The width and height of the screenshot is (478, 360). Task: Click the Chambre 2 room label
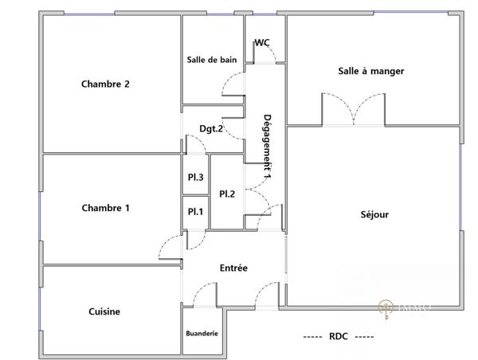tap(105, 84)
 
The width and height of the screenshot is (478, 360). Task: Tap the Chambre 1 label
tap(105, 209)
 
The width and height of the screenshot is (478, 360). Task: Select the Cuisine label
tap(104, 312)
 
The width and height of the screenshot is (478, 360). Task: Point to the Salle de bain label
tap(212, 60)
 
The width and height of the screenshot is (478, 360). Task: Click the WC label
tap(261, 43)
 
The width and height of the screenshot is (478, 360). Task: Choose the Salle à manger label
tap(371, 72)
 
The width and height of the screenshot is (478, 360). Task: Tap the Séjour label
tap(374, 214)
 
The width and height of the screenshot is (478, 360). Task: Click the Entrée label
tap(233, 268)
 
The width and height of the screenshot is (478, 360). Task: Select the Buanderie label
tap(202, 334)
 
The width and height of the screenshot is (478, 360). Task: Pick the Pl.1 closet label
tap(195, 212)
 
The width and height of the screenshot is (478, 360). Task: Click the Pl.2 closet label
tap(227, 194)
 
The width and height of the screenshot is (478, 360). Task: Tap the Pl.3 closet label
tap(195, 178)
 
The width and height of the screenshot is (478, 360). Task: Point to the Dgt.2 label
tap(210, 129)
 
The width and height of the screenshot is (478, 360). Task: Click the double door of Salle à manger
tap(354, 110)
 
